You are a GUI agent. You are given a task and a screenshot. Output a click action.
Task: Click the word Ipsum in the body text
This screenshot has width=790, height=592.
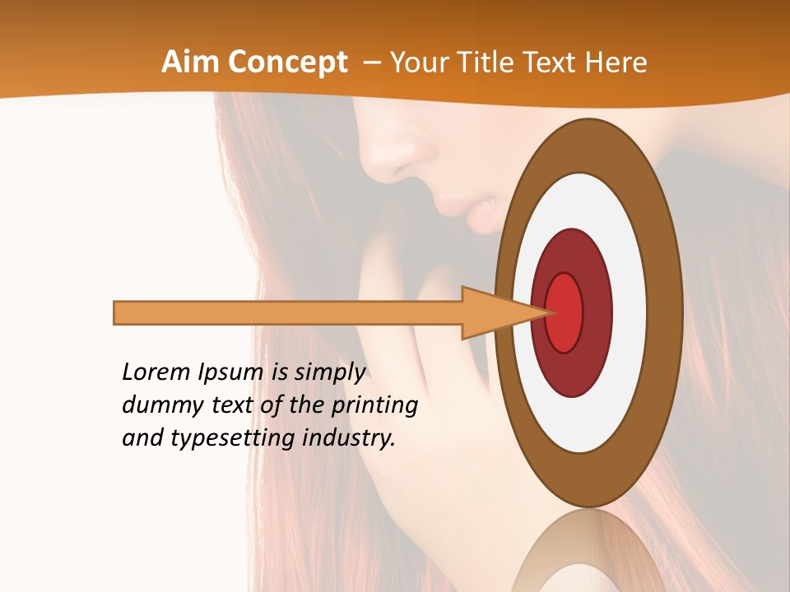click(x=231, y=373)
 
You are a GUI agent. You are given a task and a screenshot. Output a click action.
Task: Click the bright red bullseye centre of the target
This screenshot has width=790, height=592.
click(x=565, y=312)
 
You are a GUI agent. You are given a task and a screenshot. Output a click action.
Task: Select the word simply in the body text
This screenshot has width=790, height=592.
click(x=330, y=373)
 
